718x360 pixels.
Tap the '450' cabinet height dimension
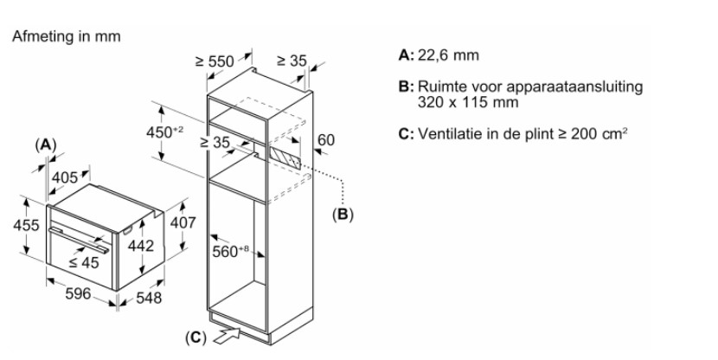click(x=164, y=131)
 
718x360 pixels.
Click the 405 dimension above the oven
click(x=66, y=177)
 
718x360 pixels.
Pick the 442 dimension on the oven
click(x=140, y=246)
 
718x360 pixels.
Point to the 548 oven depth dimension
click(x=147, y=299)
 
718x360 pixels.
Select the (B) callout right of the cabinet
click(x=343, y=212)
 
